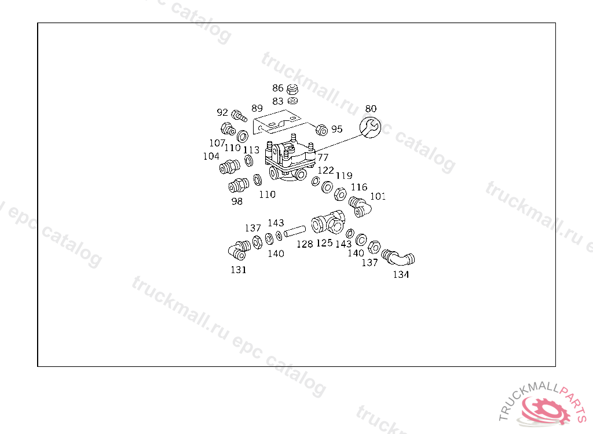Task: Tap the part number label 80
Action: click(371, 109)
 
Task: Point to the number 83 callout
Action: click(278, 101)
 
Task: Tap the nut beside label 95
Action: click(320, 128)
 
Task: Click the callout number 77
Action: click(323, 157)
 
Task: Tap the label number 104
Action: click(211, 156)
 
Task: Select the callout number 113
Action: click(251, 150)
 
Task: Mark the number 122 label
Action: click(325, 170)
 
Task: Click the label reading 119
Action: click(344, 175)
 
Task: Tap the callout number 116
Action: click(359, 187)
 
